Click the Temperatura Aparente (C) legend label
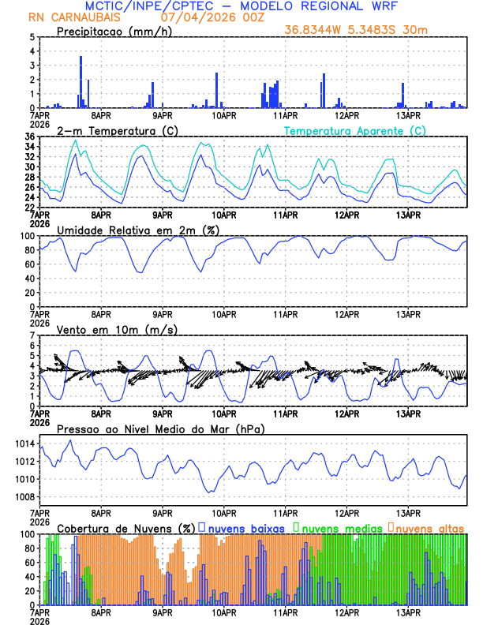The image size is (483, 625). pyautogui.click(x=355, y=130)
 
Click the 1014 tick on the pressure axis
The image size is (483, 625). pyautogui.click(x=21, y=443)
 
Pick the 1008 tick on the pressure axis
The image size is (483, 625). pyautogui.click(x=21, y=496)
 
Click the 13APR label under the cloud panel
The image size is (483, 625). pyautogui.click(x=408, y=611)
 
